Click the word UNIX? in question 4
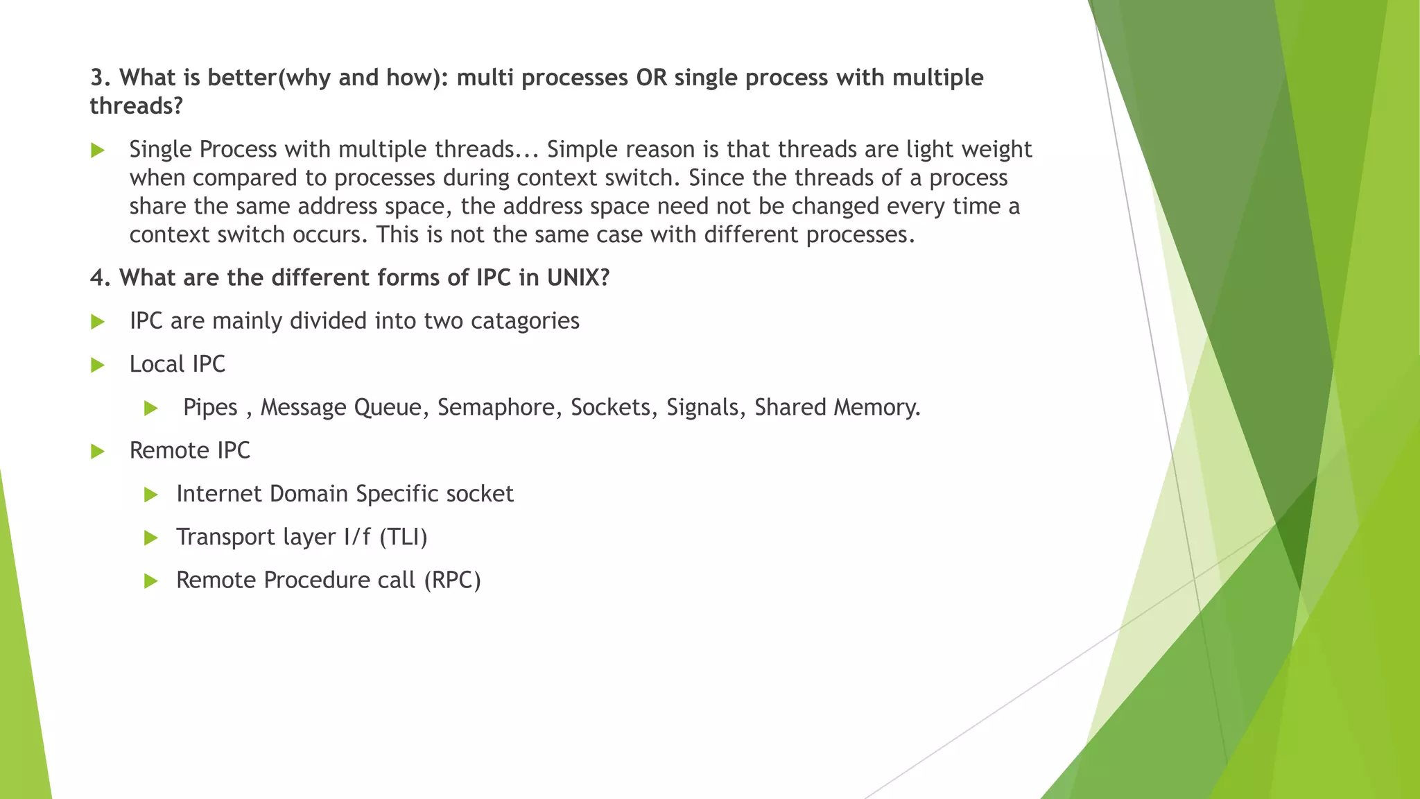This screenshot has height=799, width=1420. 578,278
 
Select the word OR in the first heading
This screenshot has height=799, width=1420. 651,78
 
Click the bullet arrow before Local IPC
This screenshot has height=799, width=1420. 98,366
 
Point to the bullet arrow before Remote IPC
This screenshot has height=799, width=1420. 98,452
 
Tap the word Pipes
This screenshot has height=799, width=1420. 210,408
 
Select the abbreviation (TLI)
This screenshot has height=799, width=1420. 404,538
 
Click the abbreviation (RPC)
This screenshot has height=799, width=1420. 452,581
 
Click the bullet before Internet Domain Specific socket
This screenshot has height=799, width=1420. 151,495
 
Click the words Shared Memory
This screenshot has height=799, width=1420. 837,408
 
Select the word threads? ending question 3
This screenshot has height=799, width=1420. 136,106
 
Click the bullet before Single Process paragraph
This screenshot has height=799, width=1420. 98,151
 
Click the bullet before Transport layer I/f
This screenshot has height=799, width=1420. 151,538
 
